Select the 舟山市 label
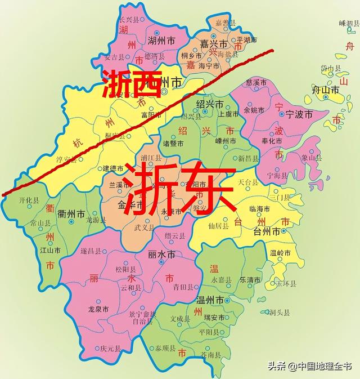tap(326, 90)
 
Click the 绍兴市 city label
tap(210, 104)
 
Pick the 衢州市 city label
tap(74, 214)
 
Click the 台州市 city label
tap(267, 231)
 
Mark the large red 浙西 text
tap(132, 83)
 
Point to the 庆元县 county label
tap(110, 349)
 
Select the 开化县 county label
tap(29, 200)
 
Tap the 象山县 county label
tap(310, 159)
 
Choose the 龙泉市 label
tap(99, 309)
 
